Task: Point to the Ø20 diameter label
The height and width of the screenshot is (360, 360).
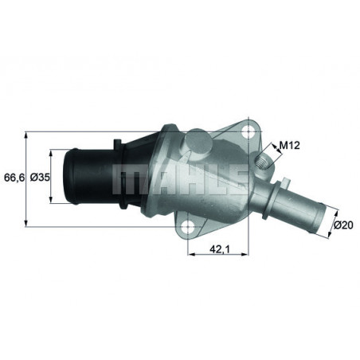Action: (x=344, y=226)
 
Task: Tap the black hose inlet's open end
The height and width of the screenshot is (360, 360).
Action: (x=70, y=176)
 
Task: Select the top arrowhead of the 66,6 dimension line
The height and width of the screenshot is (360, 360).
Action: (x=29, y=129)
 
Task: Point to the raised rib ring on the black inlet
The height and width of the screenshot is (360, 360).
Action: (x=119, y=177)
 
